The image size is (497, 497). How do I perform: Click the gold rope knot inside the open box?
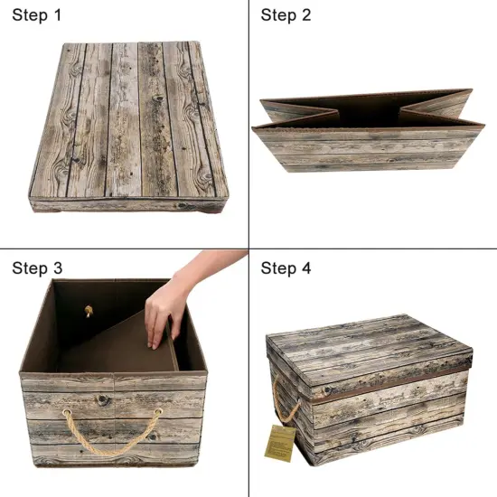click(89, 312)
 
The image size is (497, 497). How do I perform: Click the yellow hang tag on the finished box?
click(282, 442)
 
